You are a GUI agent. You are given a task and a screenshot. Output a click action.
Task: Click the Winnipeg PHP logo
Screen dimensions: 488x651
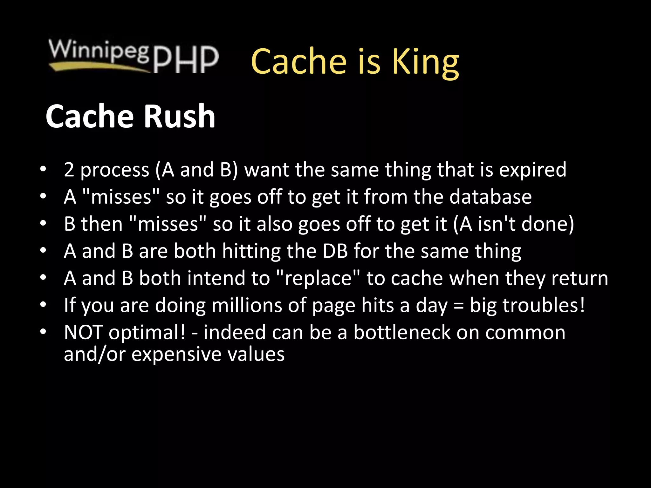tap(134, 56)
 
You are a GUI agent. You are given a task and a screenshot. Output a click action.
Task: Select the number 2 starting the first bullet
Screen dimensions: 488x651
tap(69, 170)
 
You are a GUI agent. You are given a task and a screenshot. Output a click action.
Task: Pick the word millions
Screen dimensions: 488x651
tap(247, 306)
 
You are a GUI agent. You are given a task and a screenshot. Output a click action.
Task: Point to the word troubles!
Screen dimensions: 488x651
tap(543, 306)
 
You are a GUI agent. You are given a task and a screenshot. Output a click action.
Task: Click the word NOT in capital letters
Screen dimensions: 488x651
tap(83, 333)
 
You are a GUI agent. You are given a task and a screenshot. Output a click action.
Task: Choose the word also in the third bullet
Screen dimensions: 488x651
tap(274, 224)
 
